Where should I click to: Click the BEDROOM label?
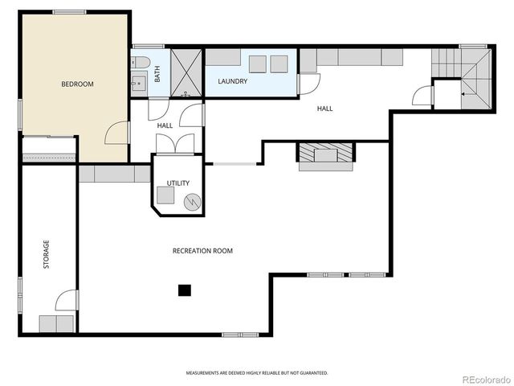pos(77,84)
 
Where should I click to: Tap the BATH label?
pos(157,74)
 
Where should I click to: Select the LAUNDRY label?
pos(232,81)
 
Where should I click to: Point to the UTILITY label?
pos(178,183)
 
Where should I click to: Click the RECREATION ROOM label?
pos(202,251)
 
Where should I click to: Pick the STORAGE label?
pos(47,254)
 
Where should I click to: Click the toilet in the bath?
pos(141,63)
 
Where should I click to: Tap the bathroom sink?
pos(139,84)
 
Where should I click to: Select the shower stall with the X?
pos(186,73)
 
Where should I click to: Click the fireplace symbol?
pos(325,153)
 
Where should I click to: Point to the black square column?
pos(185,290)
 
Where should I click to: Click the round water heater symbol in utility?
pos(192,202)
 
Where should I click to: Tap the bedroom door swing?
pos(116,133)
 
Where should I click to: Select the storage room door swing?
pos(67,300)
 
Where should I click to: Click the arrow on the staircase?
pos(467,94)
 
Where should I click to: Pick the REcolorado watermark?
pos(487,380)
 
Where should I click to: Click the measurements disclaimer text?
pos(257,373)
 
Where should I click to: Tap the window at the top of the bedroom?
pos(70,12)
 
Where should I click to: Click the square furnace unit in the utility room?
pos(165,195)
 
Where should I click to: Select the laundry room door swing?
pos(310,84)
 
